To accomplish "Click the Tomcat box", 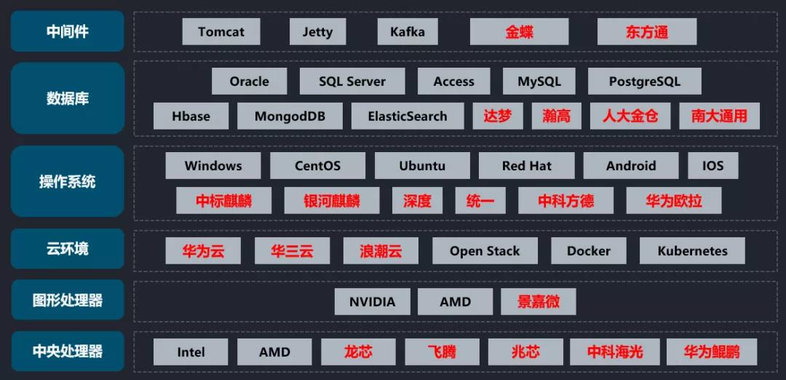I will tap(221, 32).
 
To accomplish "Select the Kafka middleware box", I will tap(408, 32).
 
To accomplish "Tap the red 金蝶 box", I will tap(520, 32).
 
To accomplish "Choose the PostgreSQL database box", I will tap(644, 82).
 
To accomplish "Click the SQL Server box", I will tap(352, 82).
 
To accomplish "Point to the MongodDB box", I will tap(290, 116).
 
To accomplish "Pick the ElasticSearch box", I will tap(408, 116).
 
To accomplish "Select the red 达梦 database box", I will tap(498, 116).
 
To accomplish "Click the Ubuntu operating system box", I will tap(422, 166).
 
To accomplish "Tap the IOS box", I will tap(713, 166).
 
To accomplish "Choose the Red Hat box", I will tap(526, 166).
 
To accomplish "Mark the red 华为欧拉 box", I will tap(674, 201).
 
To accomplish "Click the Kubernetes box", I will tap(692, 251).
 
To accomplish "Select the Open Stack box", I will tap(485, 251).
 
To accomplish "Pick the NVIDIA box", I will tap(372, 302).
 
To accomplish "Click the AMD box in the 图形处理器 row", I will tap(455, 302).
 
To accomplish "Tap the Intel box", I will tap(191, 352).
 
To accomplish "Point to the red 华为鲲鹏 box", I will tap(711, 352).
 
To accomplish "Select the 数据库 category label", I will tap(68, 98).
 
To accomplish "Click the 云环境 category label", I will tap(68, 249).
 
